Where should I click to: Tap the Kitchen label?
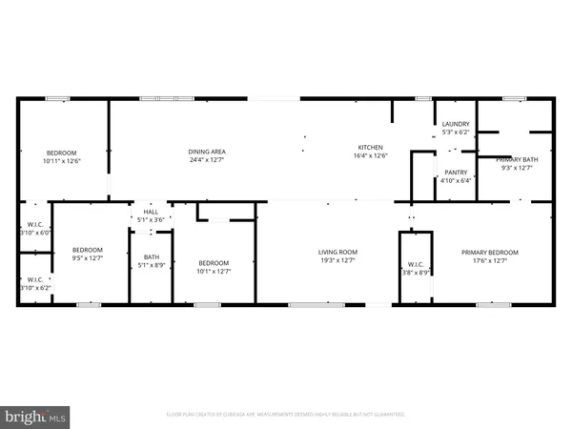tap(370, 147)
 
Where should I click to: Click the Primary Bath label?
tap(517, 159)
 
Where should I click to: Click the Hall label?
tap(151, 212)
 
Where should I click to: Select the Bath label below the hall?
tap(151, 256)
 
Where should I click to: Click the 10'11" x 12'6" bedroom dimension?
tap(62, 161)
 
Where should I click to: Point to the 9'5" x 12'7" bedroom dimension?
tap(88, 258)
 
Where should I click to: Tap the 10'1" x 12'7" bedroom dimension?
tap(214, 271)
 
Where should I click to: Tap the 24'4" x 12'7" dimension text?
tap(206, 158)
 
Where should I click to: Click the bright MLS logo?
tap(36, 417)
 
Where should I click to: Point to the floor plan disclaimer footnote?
tap(286, 415)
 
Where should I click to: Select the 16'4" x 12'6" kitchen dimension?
tap(370, 155)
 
